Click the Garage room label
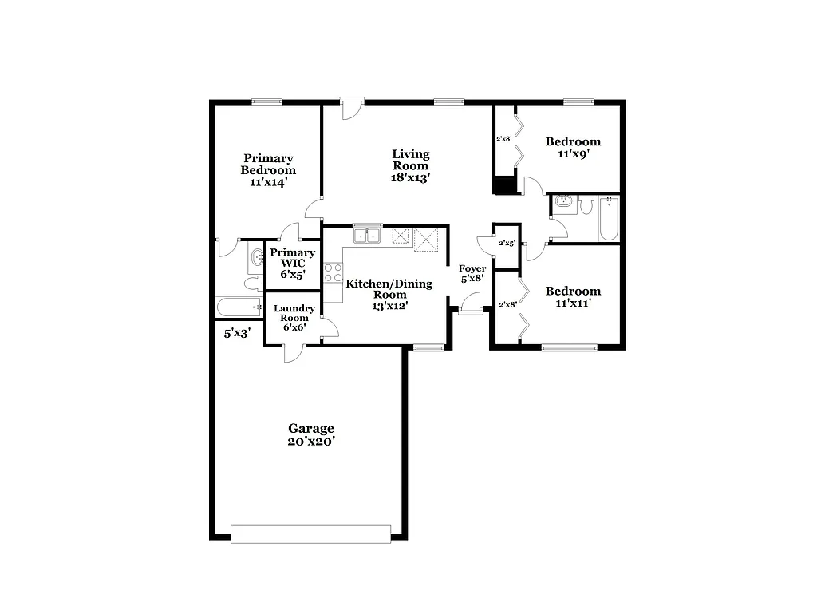pyautogui.click(x=311, y=434)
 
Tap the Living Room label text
pyautogui.click(x=411, y=166)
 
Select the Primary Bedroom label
pyautogui.click(x=268, y=170)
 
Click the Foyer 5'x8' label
pyautogui.click(x=472, y=274)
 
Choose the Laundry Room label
pyautogui.click(x=294, y=317)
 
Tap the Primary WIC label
pyautogui.click(x=292, y=263)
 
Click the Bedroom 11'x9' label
pyautogui.click(x=573, y=148)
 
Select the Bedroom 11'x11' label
pyautogui.click(x=573, y=297)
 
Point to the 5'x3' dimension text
pyautogui.click(x=237, y=334)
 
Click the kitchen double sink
pyautogui.click(x=368, y=235)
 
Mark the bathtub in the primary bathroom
pyautogui.click(x=239, y=307)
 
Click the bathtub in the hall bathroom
pyautogui.click(x=609, y=219)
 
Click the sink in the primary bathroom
pyautogui.click(x=257, y=258)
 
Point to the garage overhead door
pyautogui.click(x=310, y=534)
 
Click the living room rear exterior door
pyautogui.click(x=349, y=108)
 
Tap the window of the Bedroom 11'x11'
pyautogui.click(x=569, y=347)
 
